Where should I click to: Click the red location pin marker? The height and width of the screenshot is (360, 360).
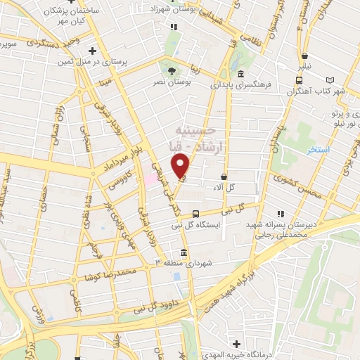tap(182, 167)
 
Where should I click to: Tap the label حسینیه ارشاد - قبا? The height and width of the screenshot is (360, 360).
tap(193, 140)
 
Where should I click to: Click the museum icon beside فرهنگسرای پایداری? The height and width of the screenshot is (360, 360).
tap(240, 75)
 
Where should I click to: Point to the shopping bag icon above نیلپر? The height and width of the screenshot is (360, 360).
tap(304, 56)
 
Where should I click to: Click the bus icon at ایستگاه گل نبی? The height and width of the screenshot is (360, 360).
tap(195, 214)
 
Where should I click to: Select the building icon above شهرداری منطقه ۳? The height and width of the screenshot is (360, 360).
tap(184, 252)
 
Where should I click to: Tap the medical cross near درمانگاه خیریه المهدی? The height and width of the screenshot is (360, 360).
tap(237, 344)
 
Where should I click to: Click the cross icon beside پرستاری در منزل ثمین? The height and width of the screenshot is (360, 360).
tap(93, 51)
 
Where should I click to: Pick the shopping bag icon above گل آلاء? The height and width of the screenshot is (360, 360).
tap(224, 177)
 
